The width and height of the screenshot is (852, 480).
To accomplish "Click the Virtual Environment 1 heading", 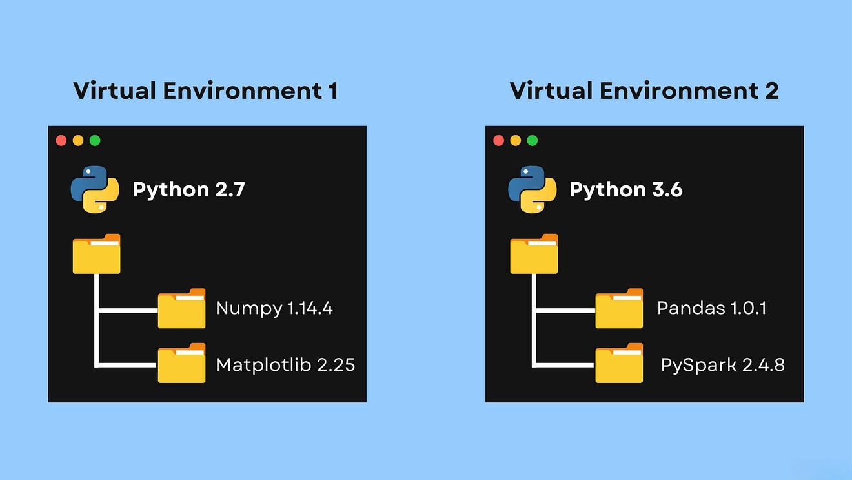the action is pos(205,90).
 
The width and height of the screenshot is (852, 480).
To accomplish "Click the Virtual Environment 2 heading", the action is pos(644,90).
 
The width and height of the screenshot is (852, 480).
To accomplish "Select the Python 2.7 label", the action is pos(188,190).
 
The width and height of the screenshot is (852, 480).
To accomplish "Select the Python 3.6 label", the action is pos(625,190).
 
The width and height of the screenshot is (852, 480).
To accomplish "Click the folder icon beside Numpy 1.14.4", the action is pos(181,309).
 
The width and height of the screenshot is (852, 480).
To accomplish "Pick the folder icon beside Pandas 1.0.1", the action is pos(619,309).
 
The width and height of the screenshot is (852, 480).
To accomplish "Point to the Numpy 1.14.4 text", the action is pos(274,308).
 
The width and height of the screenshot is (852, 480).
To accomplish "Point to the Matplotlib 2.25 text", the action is pos(285,364).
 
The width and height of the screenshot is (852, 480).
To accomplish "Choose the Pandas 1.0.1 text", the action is pos(711,308).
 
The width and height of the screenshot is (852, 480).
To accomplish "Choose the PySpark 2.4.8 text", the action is pos(722,365).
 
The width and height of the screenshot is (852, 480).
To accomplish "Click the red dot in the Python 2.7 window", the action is pos(61,140).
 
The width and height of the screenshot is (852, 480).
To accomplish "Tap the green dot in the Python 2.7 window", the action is pos(95,140).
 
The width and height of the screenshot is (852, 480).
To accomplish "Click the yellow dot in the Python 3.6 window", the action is pos(515,140).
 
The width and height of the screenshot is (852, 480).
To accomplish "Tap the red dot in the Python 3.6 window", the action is pos(498,140).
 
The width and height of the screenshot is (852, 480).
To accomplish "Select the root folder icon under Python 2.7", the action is pos(96,254).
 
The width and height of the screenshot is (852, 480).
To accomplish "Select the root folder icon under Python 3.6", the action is pos(534,254).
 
